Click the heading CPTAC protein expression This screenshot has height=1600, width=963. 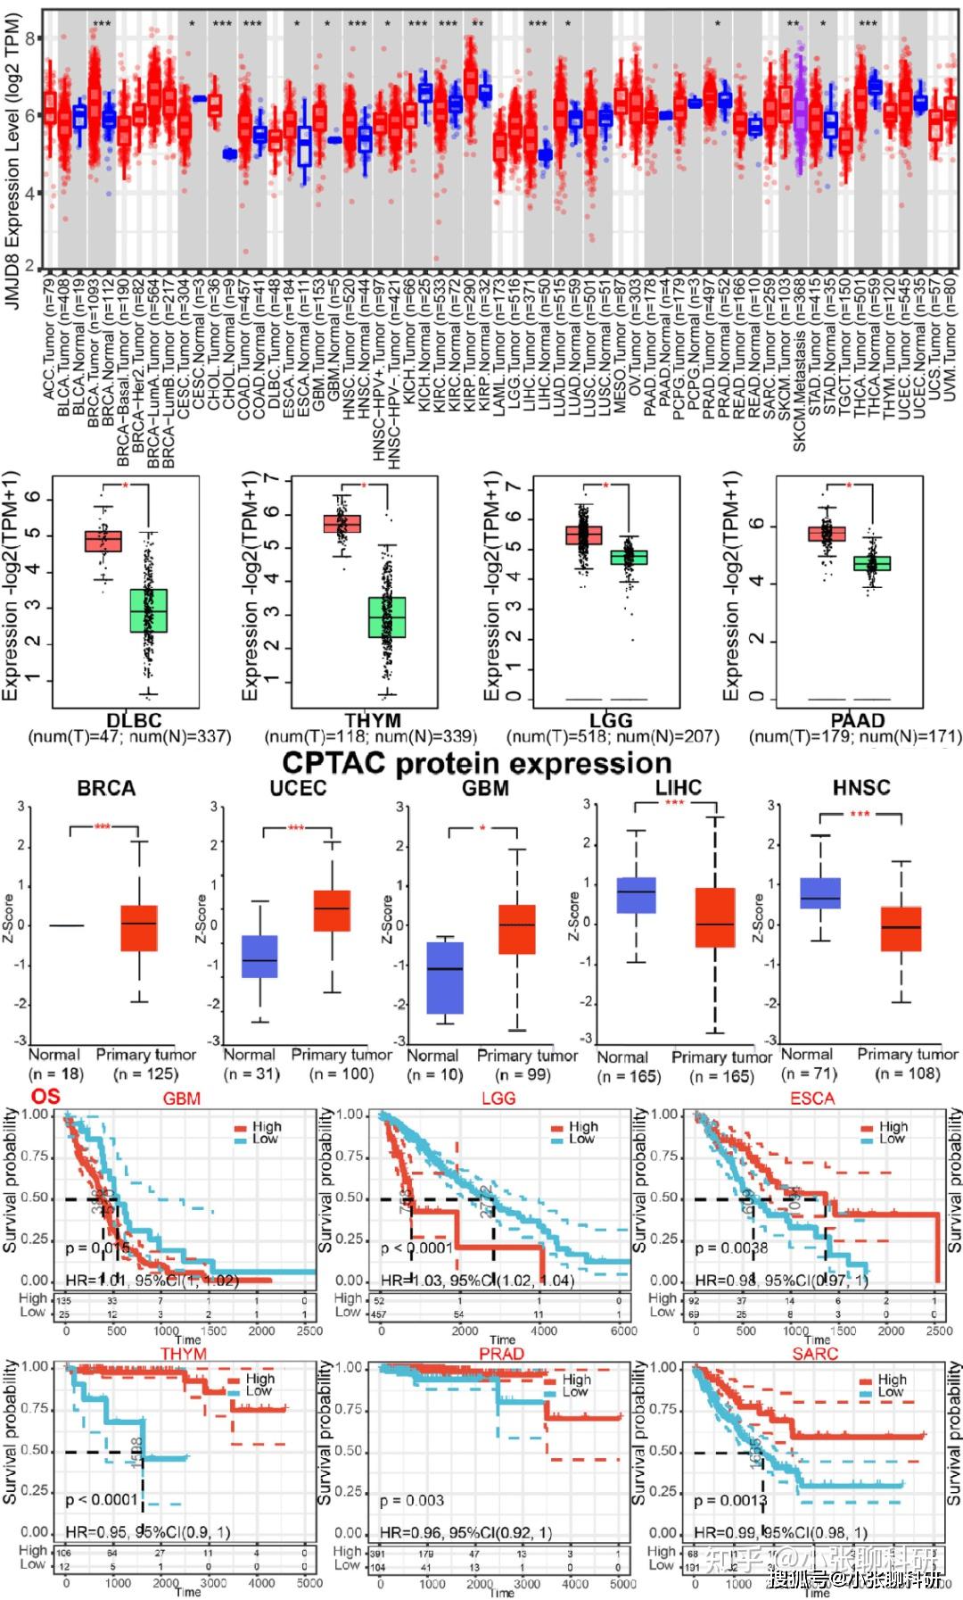pos(476,764)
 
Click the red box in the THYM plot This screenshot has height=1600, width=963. pos(342,524)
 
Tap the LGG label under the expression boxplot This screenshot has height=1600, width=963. pos(612,720)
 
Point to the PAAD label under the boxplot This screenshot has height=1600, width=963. pos(857,720)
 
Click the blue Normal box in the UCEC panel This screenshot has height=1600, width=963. pos(259,957)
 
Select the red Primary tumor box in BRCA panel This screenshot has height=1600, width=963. pos(139,928)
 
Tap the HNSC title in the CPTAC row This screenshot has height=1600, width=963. pos(860,787)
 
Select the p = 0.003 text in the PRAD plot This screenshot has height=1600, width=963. pos(411,1500)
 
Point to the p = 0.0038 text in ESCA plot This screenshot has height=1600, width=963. pos(731,1248)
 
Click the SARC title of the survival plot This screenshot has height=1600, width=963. pos(815,1354)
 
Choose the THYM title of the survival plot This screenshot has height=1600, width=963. pos(183,1354)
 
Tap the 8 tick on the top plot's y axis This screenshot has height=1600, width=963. pos(29,38)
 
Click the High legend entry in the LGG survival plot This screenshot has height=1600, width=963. pos(583,1127)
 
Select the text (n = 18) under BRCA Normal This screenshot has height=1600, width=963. pos(55,1074)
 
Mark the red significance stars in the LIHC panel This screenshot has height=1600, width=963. pos(674,803)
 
